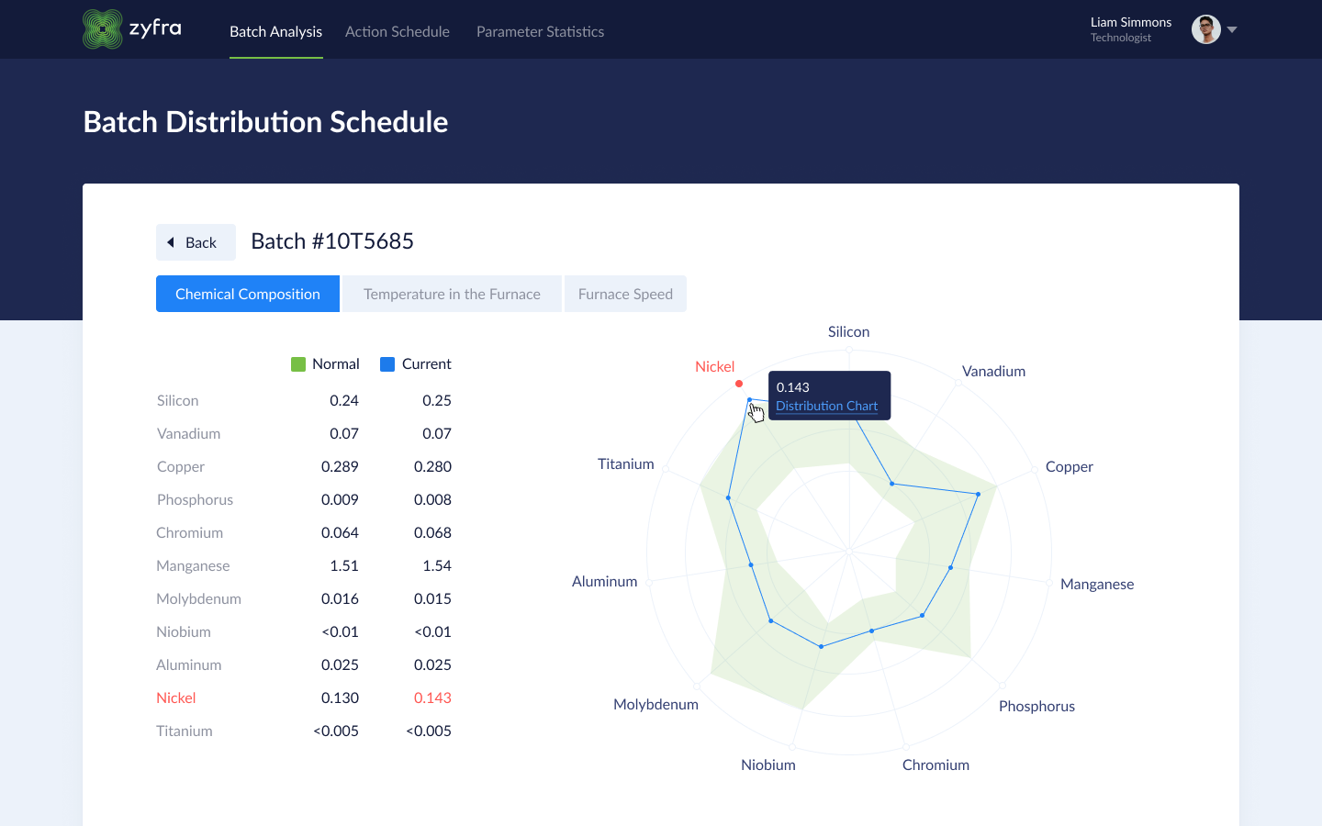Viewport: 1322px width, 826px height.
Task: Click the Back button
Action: (x=196, y=242)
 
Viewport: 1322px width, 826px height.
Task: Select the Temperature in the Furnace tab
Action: (x=452, y=294)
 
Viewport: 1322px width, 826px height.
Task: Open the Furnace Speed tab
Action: (x=625, y=294)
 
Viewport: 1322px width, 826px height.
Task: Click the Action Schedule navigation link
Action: (x=398, y=31)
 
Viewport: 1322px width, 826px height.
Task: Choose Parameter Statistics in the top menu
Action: (x=540, y=31)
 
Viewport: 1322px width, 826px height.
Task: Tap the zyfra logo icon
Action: (x=103, y=29)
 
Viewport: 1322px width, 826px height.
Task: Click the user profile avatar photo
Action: (x=1205, y=29)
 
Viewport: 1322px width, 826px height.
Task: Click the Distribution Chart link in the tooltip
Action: (x=826, y=406)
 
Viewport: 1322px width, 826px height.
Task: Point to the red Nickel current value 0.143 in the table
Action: (x=432, y=698)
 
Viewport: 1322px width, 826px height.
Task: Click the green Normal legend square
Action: (x=298, y=364)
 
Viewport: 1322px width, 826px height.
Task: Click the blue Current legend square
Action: (x=387, y=364)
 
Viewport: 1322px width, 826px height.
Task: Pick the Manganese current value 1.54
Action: (x=437, y=565)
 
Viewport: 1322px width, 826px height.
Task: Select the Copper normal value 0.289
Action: (x=340, y=466)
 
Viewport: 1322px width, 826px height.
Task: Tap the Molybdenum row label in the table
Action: (x=198, y=598)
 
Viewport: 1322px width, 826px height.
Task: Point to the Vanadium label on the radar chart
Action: (x=993, y=371)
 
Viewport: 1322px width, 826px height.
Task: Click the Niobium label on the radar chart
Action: (x=768, y=765)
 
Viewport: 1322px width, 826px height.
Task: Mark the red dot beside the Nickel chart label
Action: (x=739, y=384)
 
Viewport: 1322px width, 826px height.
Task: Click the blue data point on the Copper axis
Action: (x=979, y=495)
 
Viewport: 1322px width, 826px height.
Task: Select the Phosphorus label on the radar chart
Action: (x=1036, y=706)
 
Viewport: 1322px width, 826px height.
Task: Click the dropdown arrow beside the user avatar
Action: (x=1232, y=29)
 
